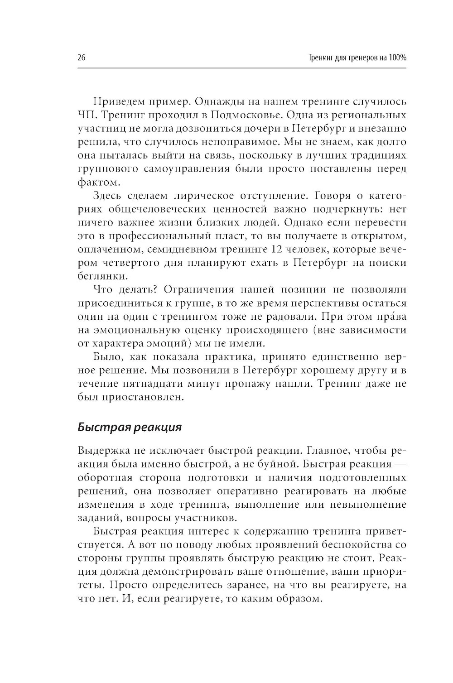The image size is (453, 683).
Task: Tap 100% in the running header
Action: click(x=397, y=58)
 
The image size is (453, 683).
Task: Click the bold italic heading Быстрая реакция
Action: click(x=130, y=427)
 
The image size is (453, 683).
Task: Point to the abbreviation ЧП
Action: click(x=86, y=115)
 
